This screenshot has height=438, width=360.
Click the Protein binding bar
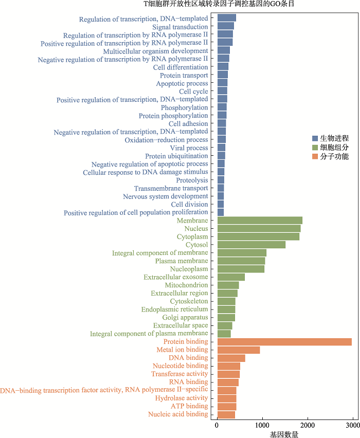point(284,342)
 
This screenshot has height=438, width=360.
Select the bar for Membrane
point(260,221)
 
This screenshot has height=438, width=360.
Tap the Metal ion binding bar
point(239,350)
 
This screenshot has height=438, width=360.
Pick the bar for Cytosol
point(251,245)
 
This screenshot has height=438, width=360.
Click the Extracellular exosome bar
point(231,277)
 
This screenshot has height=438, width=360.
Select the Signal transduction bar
point(226,26)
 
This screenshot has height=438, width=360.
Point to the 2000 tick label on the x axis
point(308,425)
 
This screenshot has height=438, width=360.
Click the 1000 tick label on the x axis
point(262,425)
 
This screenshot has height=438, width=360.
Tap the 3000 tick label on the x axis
point(352,425)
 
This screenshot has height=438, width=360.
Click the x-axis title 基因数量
point(284,434)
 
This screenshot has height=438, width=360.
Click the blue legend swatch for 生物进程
point(315,138)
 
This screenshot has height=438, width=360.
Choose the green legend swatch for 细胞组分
point(315,148)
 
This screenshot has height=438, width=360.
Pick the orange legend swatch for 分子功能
point(315,156)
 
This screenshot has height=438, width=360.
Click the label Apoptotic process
point(182,83)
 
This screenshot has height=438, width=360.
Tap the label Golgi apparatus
point(185,318)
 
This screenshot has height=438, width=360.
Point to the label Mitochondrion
point(186,285)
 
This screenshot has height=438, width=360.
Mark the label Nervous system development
point(166,196)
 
